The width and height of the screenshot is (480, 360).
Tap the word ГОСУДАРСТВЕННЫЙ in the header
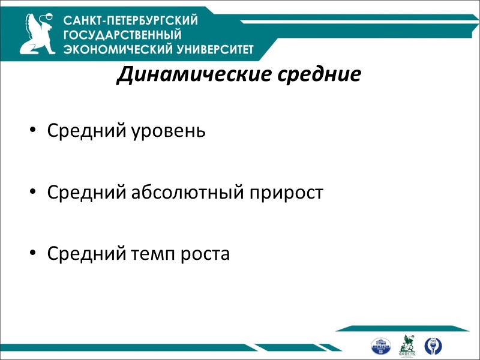click(x=114, y=34)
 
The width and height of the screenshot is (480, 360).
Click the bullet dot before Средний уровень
click(x=33, y=131)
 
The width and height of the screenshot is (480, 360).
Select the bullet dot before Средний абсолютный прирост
click(x=33, y=193)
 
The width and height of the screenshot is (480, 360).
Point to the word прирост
click(x=288, y=193)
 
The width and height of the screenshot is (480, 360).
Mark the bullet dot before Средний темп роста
click(x=33, y=254)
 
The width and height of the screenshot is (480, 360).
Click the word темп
click(x=151, y=254)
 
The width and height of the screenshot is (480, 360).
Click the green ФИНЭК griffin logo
click(x=407, y=345)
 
